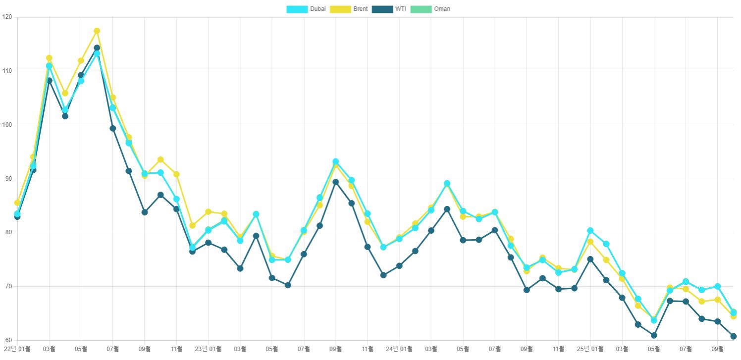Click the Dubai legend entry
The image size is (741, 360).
307,9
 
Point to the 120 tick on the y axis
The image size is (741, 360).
7,17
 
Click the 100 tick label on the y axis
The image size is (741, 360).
7,125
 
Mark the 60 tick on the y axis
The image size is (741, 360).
8,341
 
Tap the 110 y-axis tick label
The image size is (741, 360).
7,71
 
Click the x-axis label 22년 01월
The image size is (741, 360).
17,349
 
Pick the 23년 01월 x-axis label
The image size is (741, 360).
208,349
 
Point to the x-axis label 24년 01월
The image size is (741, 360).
399,349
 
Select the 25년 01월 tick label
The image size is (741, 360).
590,349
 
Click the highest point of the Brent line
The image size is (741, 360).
97,31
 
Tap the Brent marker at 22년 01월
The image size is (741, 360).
17,203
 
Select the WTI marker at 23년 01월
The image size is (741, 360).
208,243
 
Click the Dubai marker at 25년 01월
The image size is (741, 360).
590,231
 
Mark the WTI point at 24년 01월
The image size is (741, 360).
399,266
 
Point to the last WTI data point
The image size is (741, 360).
733,336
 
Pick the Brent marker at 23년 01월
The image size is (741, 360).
208,212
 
